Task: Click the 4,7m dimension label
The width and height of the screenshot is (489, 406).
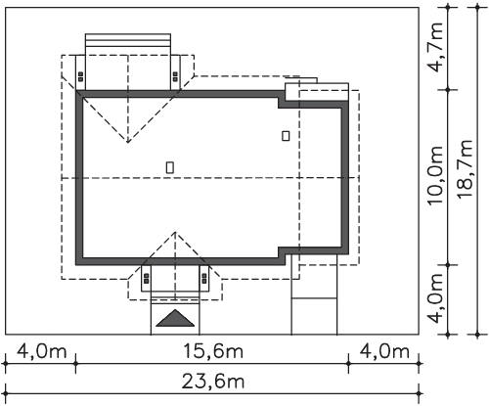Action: [436, 48]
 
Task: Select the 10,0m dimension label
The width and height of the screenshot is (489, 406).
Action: [436, 175]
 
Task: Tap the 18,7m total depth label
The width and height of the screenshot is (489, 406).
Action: [465, 169]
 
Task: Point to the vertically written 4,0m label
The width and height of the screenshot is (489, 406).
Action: [436, 298]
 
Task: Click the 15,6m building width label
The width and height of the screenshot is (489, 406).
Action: [213, 351]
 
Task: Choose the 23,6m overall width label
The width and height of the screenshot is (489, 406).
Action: [213, 382]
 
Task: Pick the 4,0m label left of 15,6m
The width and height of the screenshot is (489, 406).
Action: [41, 351]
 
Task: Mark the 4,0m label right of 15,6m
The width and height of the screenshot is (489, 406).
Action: [384, 351]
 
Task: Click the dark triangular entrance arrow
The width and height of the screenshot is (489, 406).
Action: [175, 318]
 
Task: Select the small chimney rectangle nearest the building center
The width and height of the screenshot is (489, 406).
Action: [170, 167]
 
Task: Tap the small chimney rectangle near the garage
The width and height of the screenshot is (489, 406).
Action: [286, 136]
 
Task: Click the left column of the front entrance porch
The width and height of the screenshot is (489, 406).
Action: [146, 278]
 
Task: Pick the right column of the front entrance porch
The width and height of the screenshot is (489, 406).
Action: [204, 278]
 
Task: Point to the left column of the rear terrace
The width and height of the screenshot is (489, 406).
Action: [80, 72]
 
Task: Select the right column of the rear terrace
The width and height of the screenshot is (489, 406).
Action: [175, 72]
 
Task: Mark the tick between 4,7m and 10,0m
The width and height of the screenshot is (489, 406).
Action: [448, 90]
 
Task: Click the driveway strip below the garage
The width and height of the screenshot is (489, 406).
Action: [314, 294]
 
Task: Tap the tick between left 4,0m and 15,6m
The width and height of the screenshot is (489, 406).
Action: [75, 363]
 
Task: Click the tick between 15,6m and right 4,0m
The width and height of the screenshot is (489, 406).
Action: [348, 363]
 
